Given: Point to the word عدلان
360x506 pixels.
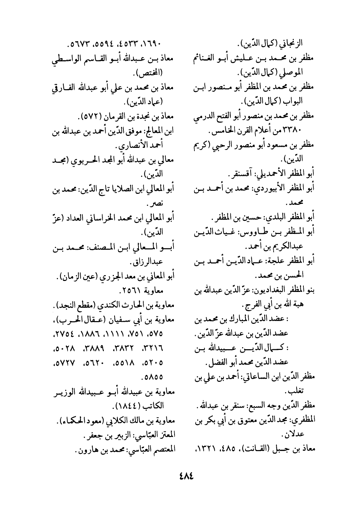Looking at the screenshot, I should tap(289, 435).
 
